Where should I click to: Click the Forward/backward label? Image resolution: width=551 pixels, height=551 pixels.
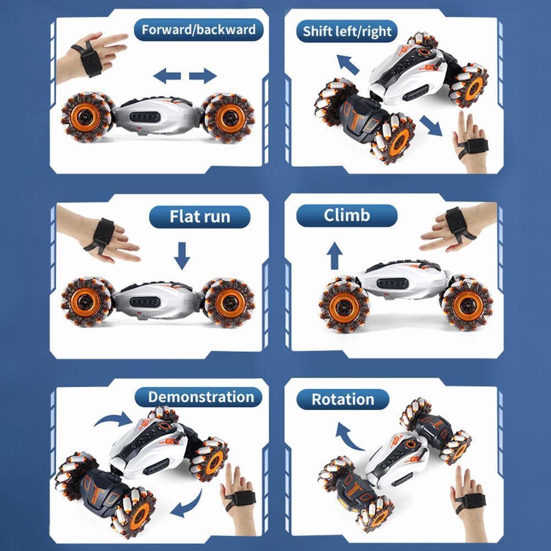tap(199, 30)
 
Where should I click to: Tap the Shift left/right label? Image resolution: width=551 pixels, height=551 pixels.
tap(347, 31)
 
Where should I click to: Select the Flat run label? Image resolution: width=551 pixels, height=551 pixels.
tap(200, 216)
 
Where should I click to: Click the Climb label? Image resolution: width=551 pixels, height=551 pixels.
tap(347, 215)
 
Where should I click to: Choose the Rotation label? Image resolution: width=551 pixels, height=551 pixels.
tap(343, 400)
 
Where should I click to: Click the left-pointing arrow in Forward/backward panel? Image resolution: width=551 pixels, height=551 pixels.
tap(167, 76)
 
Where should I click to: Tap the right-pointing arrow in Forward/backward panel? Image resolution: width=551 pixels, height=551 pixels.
tap(203, 76)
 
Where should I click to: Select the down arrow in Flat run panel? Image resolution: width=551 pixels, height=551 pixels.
tap(182, 256)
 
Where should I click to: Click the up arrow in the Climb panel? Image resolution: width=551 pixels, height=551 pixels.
tap(335, 255)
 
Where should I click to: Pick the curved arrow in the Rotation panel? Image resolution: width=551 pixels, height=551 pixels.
tap(348, 437)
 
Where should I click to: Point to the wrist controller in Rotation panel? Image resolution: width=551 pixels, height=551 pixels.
tap(470, 501)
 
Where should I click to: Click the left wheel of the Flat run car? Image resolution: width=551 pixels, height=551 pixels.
tap(85, 302)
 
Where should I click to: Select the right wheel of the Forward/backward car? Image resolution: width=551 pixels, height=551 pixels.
tap(230, 118)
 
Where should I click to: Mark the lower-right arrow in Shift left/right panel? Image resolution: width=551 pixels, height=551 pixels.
tap(430, 126)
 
